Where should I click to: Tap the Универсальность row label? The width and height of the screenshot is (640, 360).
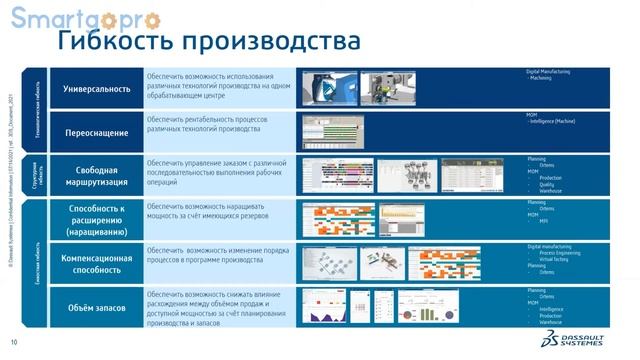pyautogui.click(x=97, y=88)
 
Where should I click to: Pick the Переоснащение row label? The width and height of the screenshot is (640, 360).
pyautogui.click(x=97, y=131)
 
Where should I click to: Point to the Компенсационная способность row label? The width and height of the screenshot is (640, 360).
pyautogui.click(x=97, y=263)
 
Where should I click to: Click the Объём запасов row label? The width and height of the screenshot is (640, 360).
pyautogui.click(x=97, y=308)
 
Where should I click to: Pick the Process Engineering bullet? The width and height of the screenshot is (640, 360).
pyautogui.click(x=563, y=253)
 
